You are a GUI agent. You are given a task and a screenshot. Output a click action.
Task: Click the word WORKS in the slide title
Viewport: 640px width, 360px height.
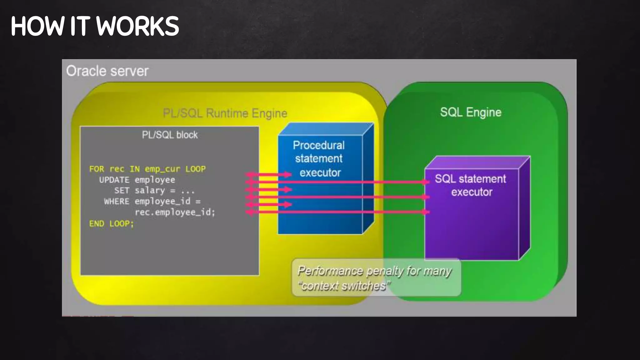137,26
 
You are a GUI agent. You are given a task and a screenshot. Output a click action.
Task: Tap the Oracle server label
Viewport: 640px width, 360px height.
107,71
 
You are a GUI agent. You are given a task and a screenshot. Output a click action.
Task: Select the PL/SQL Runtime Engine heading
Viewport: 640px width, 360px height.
225,113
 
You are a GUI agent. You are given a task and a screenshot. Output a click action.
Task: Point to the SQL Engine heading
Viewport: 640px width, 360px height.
470,112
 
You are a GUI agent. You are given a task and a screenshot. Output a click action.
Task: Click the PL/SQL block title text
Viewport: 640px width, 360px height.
170,135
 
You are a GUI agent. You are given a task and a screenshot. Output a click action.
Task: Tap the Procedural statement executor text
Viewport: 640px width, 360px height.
319,159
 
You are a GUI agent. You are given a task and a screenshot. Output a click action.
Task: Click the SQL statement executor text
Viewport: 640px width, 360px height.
471,185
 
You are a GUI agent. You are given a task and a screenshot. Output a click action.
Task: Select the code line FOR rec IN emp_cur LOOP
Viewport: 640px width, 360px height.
147,169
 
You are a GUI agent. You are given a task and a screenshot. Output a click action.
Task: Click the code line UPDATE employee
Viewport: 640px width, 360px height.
137,180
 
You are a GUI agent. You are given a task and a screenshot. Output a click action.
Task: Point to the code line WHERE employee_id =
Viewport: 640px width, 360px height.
152,202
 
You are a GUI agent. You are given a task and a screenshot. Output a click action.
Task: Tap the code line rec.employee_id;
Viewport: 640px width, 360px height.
175,212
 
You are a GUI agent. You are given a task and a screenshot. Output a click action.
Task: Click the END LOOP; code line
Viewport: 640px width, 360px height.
111,224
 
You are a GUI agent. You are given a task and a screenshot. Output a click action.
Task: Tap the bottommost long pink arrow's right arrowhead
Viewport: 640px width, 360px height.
426,212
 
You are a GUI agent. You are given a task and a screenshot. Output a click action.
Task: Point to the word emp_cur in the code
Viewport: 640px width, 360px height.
162,169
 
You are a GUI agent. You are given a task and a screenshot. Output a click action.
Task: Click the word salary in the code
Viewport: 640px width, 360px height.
150,191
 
